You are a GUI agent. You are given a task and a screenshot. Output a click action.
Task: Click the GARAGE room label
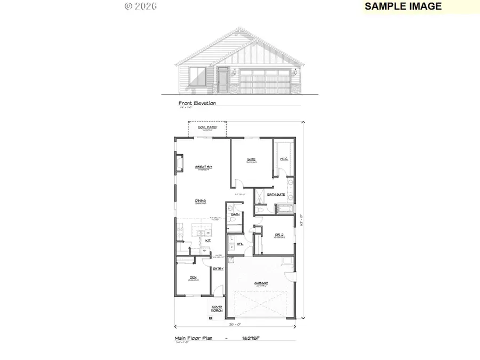pyautogui.click(x=261, y=283)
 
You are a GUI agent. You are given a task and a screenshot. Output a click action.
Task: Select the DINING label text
pyautogui.click(x=201, y=201)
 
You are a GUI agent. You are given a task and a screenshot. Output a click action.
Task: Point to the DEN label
pyautogui.click(x=193, y=278)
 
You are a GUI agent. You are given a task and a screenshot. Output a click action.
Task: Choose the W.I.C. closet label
pyautogui.click(x=284, y=158)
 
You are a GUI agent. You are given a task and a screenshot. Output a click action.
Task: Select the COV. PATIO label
pyautogui.click(x=206, y=128)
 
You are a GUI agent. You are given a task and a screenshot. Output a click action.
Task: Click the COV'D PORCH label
pyautogui.click(x=217, y=308)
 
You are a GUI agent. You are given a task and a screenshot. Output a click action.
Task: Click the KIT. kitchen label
pyautogui.click(x=209, y=241)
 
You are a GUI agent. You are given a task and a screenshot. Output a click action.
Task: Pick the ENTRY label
pyautogui.click(x=218, y=268)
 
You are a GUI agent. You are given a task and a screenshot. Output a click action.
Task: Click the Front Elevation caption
pyautogui.click(x=197, y=103)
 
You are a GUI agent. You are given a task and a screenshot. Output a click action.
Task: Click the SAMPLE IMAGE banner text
pyautogui.click(x=403, y=6)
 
